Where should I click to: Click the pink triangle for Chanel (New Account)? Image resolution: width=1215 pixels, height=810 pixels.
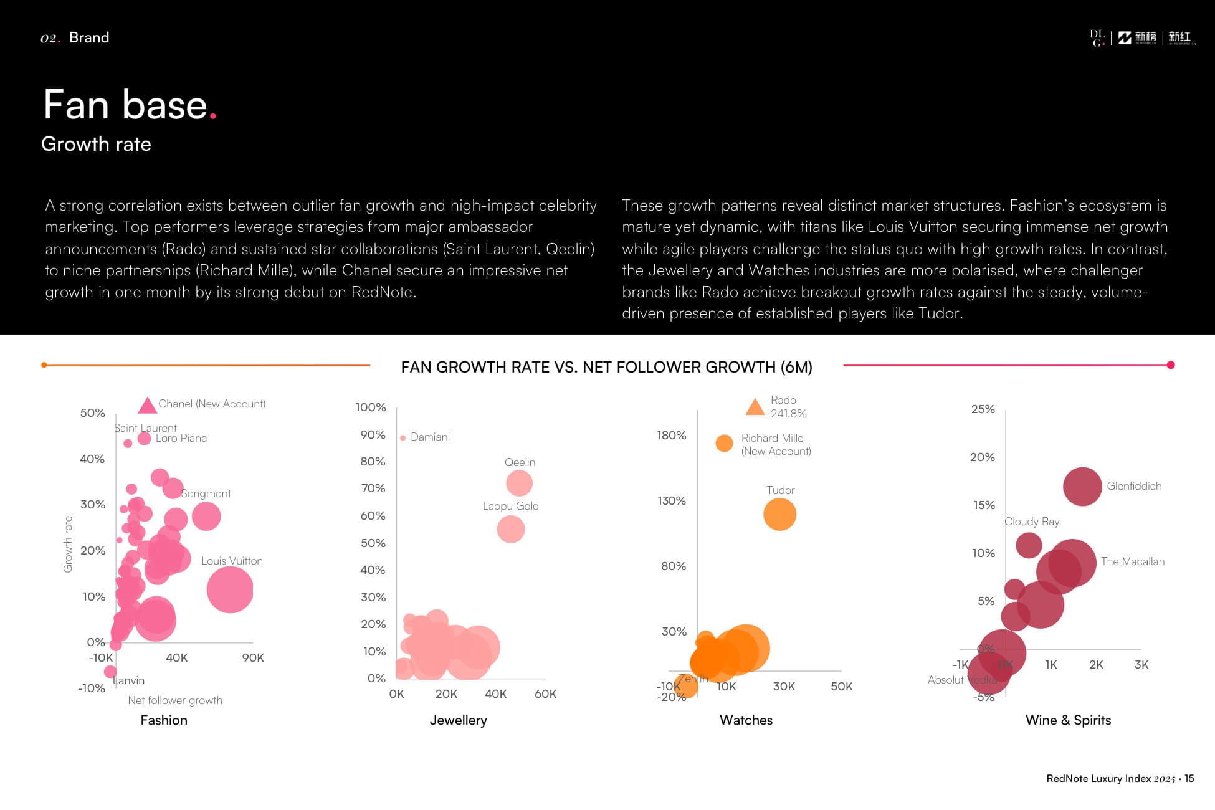[x=147, y=406]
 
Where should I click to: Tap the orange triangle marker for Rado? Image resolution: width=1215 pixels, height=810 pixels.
[x=755, y=408]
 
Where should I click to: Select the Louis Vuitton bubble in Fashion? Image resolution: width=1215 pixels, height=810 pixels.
[x=230, y=589]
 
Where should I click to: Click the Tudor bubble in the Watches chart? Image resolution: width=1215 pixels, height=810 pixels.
[x=779, y=515]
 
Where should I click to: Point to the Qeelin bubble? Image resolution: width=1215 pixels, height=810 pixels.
[x=519, y=483]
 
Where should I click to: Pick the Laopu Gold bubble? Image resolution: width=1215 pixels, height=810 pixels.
[x=510, y=529]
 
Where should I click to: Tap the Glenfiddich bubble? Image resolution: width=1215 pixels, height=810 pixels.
[x=1082, y=487]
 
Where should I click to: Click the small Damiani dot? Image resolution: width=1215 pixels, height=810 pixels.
[x=403, y=438]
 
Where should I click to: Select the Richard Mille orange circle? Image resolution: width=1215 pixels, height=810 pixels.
[x=724, y=443]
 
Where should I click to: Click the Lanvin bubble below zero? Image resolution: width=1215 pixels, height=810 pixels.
[x=110, y=672]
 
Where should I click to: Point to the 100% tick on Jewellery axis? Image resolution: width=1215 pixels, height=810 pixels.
[x=371, y=407]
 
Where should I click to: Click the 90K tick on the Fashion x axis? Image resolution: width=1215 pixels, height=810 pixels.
[x=253, y=658]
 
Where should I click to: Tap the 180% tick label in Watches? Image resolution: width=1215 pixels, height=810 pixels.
[x=671, y=436]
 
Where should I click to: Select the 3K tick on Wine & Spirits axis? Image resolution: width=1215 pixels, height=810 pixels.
[x=1141, y=665]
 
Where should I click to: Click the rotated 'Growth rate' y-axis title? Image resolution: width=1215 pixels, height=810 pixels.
[x=68, y=544]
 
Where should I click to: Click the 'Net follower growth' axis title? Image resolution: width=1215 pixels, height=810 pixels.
[x=175, y=700]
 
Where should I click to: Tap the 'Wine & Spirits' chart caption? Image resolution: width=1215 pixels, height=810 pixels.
[x=1068, y=720]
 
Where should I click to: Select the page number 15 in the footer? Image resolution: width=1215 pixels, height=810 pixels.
[x=1189, y=779]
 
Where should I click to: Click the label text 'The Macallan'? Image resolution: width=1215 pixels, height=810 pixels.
[x=1132, y=561]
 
